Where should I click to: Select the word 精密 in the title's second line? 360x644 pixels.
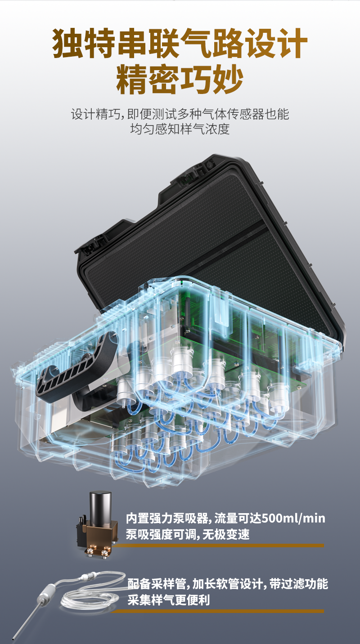click(x=147, y=79)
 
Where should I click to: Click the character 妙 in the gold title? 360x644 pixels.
click(x=228, y=79)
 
